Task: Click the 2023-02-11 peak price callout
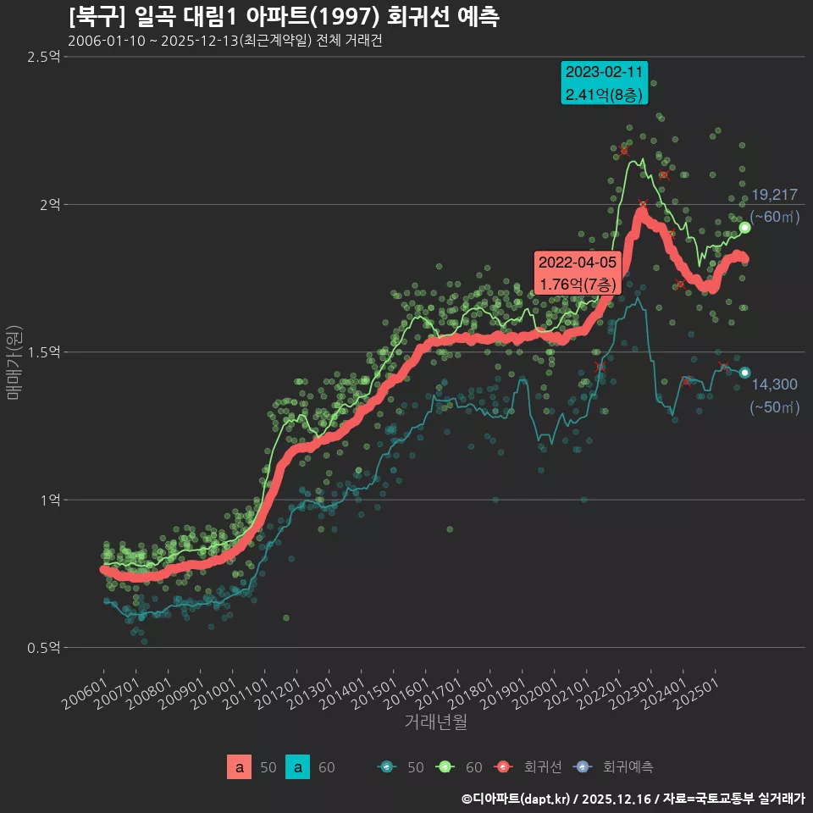tap(604, 82)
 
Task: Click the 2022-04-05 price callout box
tap(578, 273)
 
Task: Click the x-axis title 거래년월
tap(435, 722)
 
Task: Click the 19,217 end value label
tap(773, 195)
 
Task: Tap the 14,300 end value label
tap(773, 384)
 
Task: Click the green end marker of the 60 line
tap(744, 227)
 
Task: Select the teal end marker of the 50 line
tap(744, 373)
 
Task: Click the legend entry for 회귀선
tap(531, 767)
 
